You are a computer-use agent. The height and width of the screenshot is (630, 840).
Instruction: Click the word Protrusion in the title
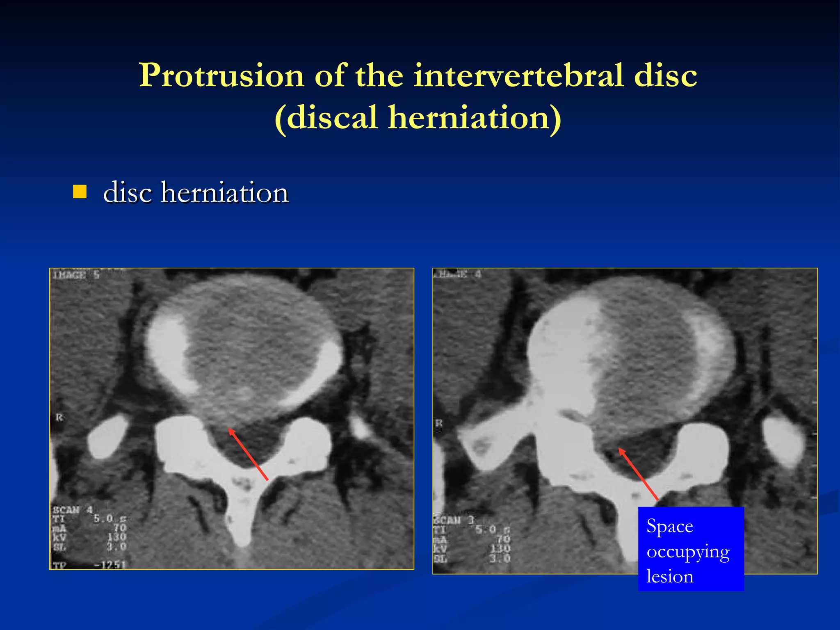click(x=221, y=76)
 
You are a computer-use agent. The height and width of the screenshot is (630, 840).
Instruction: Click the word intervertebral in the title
click(x=518, y=76)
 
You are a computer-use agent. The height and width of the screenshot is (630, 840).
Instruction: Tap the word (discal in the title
click(x=326, y=118)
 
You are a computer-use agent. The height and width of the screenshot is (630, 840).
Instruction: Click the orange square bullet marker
click(x=80, y=192)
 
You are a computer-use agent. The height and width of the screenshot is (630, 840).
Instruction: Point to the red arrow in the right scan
click(x=638, y=474)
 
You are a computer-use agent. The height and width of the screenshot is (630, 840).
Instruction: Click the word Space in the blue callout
click(x=669, y=526)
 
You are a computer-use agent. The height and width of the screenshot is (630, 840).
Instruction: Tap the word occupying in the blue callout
click(x=688, y=552)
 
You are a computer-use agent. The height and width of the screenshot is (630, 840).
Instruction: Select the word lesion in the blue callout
click(x=670, y=577)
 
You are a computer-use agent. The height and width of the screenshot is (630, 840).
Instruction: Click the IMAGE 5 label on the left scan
click(x=76, y=275)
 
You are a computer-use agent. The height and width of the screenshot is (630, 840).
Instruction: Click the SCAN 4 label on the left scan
click(x=72, y=510)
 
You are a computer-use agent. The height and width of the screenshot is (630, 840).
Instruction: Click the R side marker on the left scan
click(x=59, y=418)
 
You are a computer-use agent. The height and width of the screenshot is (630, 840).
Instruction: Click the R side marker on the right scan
click(x=439, y=423)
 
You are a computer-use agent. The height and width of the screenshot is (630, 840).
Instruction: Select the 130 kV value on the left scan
click(x=117, y=537)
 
